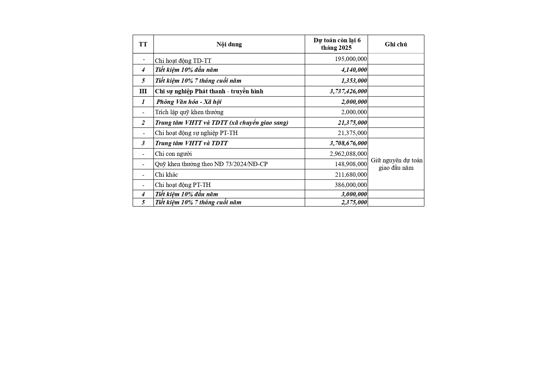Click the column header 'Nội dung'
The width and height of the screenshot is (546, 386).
click(229, 44)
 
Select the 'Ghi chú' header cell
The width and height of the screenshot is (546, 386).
click(396, 44)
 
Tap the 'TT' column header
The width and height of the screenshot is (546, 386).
click(143, 44)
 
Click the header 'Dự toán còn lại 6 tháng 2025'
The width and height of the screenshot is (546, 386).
click(337, 44)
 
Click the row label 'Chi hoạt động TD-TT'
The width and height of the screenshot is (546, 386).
click(183, 61)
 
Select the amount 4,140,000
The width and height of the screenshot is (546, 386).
click(354, 70)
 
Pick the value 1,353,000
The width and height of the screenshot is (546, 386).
click(354, 81)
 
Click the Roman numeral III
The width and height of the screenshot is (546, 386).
click(143, 91)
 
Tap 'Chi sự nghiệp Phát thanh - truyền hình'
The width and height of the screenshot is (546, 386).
click(209, 91)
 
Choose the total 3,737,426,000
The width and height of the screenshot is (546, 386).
click(348, 91)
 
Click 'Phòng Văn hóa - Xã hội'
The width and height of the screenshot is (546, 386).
click(189, 102)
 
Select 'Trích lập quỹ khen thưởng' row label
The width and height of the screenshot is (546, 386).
click(189, 112)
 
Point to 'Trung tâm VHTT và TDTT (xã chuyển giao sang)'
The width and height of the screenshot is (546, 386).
click(222, 123)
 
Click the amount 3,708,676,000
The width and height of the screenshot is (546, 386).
click(348, 143)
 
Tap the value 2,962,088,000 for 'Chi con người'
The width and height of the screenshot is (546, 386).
click(348, 154)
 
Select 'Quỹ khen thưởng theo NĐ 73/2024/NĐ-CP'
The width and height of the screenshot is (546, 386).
click(211, 164)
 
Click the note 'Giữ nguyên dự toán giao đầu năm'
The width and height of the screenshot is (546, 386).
click(396, 164)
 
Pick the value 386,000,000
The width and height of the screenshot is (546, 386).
click(351, 185)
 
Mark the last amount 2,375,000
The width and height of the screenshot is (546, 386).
click(354, 202)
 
